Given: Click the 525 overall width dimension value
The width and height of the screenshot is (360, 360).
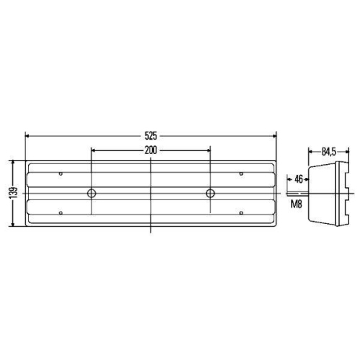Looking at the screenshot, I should [150, 135].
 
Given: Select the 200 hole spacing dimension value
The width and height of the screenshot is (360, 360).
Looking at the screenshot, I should [150, 150].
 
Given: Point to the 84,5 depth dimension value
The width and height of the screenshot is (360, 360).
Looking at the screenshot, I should [328, 151].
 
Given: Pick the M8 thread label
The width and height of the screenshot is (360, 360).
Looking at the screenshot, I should [297, 205].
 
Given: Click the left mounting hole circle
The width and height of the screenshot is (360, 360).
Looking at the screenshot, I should [91, 194].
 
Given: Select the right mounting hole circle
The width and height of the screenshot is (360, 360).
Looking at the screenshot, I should [210, 194].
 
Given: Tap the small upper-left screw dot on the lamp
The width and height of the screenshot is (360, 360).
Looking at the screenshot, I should [61, 174].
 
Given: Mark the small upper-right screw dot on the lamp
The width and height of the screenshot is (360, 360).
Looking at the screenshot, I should [240, 174].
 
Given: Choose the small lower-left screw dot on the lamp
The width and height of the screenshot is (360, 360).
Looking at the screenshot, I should [61, 213].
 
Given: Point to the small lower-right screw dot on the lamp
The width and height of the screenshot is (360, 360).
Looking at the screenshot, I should [240, 213].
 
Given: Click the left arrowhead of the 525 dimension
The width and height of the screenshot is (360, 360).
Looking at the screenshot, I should [28, 135].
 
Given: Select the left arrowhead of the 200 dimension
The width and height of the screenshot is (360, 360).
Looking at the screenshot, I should [94, 150].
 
